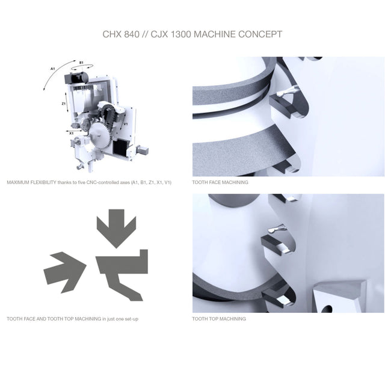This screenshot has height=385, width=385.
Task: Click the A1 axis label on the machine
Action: click(52, 69)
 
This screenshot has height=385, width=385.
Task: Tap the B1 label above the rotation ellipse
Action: click(81, 63)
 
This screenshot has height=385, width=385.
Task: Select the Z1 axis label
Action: click(64, 103)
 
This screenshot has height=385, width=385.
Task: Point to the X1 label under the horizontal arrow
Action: click(71, 134)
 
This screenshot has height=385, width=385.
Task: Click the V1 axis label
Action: click(126, 124)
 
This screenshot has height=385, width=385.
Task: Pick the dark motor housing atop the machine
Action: click(76, 78)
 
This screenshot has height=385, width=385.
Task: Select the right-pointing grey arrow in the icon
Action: click(65, 272)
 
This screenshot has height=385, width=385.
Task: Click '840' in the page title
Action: click(131, 34)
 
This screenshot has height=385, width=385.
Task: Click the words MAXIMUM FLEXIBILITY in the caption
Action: click(31, 182)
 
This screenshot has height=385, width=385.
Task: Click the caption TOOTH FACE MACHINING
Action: click(220, 182)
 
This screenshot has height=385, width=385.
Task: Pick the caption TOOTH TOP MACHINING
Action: click(219, 319)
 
